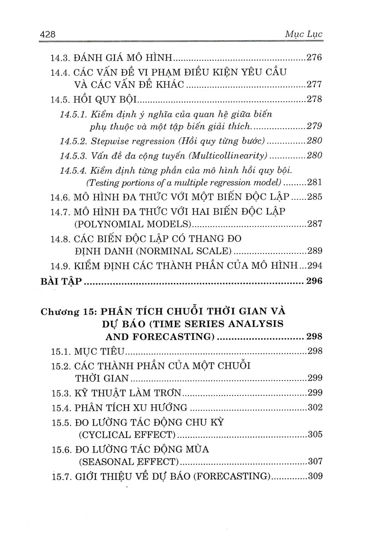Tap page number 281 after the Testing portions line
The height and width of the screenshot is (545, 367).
[x=314, y=183]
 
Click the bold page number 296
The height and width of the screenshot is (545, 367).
[x=313, y=282]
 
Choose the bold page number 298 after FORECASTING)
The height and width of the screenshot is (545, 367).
[x=313, y=337]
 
